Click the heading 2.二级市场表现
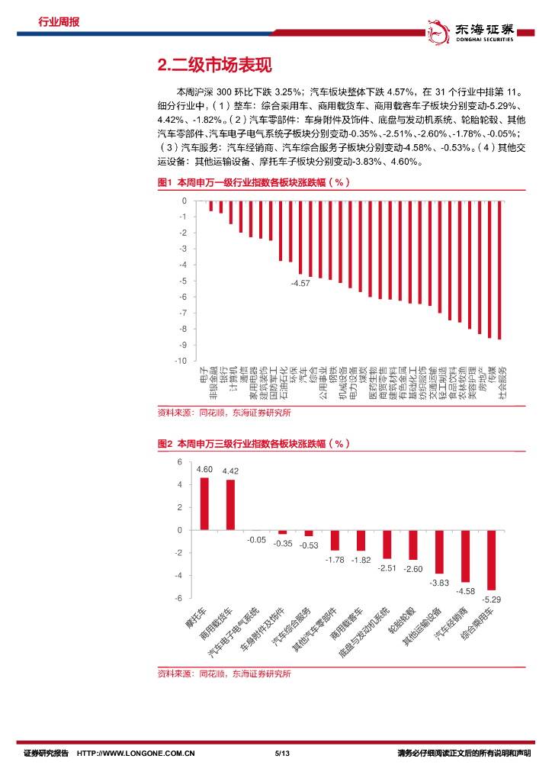tap(213, 66)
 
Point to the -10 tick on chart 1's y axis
tap(181, 361)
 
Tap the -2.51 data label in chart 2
tap(387, 567)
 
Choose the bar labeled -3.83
tap(439, 551)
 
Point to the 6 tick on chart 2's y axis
tap(180, 462)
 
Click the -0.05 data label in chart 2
tap(257, 540)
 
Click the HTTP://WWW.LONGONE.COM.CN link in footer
tap(137, 754)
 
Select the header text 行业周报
tap(59, 21)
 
